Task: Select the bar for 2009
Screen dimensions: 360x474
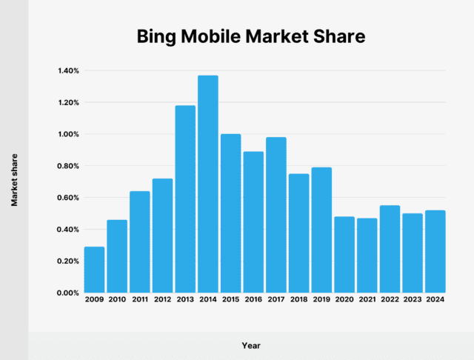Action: pos(94,270)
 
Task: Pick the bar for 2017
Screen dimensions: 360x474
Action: pos(276,215)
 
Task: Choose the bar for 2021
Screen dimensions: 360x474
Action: pos(367,255)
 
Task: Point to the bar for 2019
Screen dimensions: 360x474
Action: pos(321,230)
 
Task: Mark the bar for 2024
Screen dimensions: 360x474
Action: pos(435,251)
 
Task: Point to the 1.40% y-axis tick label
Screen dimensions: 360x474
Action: pos(67,71)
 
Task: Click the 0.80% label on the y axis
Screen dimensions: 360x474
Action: pos(67,166)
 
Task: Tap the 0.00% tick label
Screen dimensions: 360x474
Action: pos(67,293)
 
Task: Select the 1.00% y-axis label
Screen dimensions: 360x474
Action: pos(67,134)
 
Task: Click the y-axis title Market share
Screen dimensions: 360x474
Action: pos(14,180)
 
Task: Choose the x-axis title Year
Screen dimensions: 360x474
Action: pos(251,345)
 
